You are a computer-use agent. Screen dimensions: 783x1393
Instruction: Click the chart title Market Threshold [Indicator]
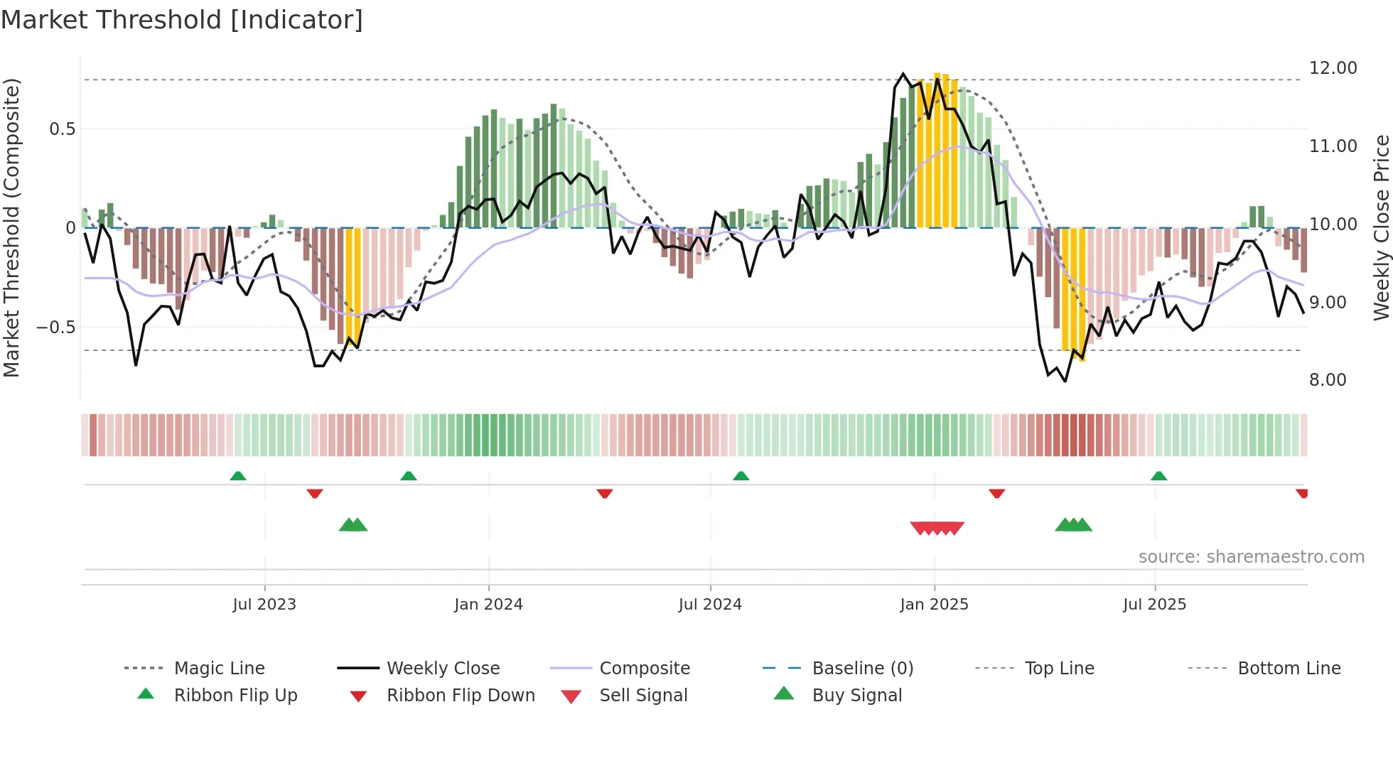182,20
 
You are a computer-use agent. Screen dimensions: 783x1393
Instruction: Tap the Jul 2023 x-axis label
264,605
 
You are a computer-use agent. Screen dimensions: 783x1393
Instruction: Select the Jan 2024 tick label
488,605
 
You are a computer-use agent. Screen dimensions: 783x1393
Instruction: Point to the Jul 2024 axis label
710,605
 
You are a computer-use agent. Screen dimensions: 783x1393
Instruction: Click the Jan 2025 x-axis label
934,605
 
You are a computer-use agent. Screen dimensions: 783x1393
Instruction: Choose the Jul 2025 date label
1154,605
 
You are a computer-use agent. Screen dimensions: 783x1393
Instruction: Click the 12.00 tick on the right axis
1333,68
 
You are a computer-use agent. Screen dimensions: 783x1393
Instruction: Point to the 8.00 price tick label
1328,380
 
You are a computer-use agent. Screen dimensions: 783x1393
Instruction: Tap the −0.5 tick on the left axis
55,328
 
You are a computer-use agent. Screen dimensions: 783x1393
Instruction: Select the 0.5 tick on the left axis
62,129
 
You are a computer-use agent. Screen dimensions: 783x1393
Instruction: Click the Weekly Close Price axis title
1381,227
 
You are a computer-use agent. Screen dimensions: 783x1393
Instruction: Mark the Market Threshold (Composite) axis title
11,227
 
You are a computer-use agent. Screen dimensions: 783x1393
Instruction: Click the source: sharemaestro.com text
1251,557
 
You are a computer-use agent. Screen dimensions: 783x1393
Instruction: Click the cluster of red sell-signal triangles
937,528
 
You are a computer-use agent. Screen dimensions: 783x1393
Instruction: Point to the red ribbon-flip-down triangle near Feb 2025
996,493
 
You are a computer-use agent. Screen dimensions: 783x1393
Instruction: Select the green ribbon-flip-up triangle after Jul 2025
1158,476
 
